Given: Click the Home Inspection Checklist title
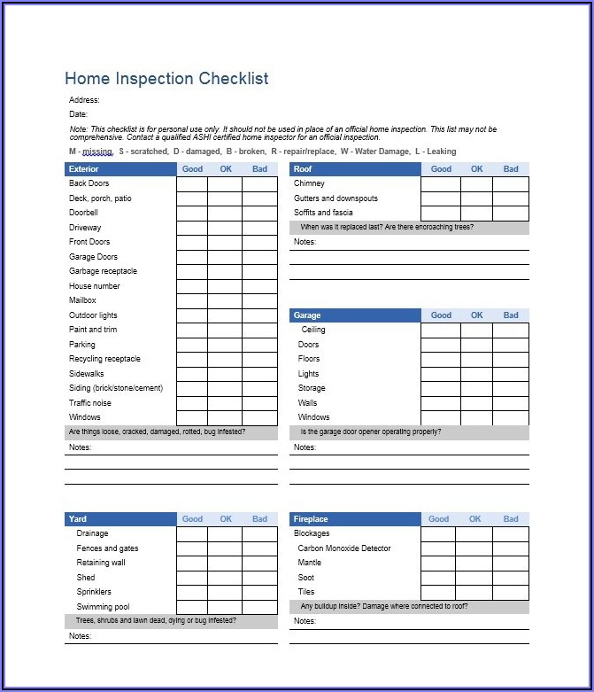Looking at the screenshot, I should tap(166, 79).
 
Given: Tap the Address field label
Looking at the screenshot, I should tap(84, 100).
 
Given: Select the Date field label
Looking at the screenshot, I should tap(78, 114).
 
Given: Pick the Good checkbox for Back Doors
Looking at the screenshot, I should tap(192, 184).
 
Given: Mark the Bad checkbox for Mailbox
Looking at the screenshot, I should tap(259, 301).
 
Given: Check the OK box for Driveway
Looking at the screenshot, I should tap(225, 228).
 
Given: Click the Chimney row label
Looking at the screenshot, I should tap(309, 183).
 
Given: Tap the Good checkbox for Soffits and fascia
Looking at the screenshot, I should tap(440, 213).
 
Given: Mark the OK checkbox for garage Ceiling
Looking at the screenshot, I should tap(476, 330).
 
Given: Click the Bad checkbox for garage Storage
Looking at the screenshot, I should tap(511, 388).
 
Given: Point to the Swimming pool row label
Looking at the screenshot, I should tap(103, 607).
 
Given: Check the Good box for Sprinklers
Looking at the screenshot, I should tap(192, 592).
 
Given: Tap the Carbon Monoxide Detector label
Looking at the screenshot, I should tap(344, 548).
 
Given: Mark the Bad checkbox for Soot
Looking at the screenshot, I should tap(511, 578).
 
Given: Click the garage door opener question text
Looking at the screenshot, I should tap(371, 432).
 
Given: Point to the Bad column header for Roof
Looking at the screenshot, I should tap(511, 168).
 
